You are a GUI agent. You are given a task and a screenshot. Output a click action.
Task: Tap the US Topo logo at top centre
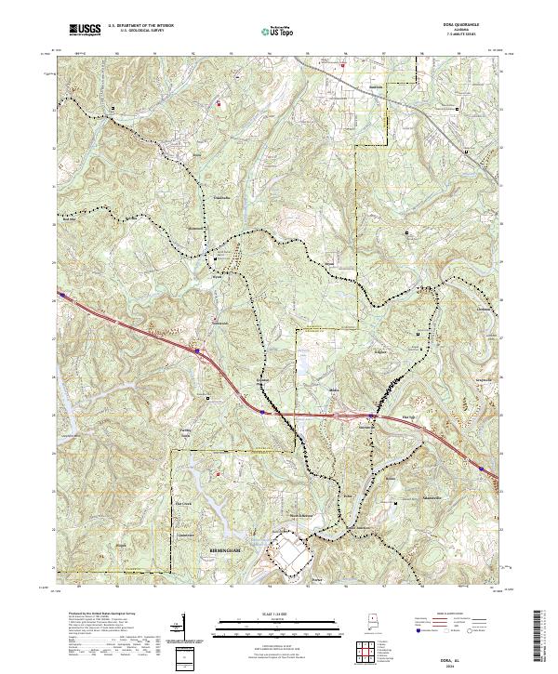(278, 32)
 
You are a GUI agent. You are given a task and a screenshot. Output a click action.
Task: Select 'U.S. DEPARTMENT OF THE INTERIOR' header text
(139, 27)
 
